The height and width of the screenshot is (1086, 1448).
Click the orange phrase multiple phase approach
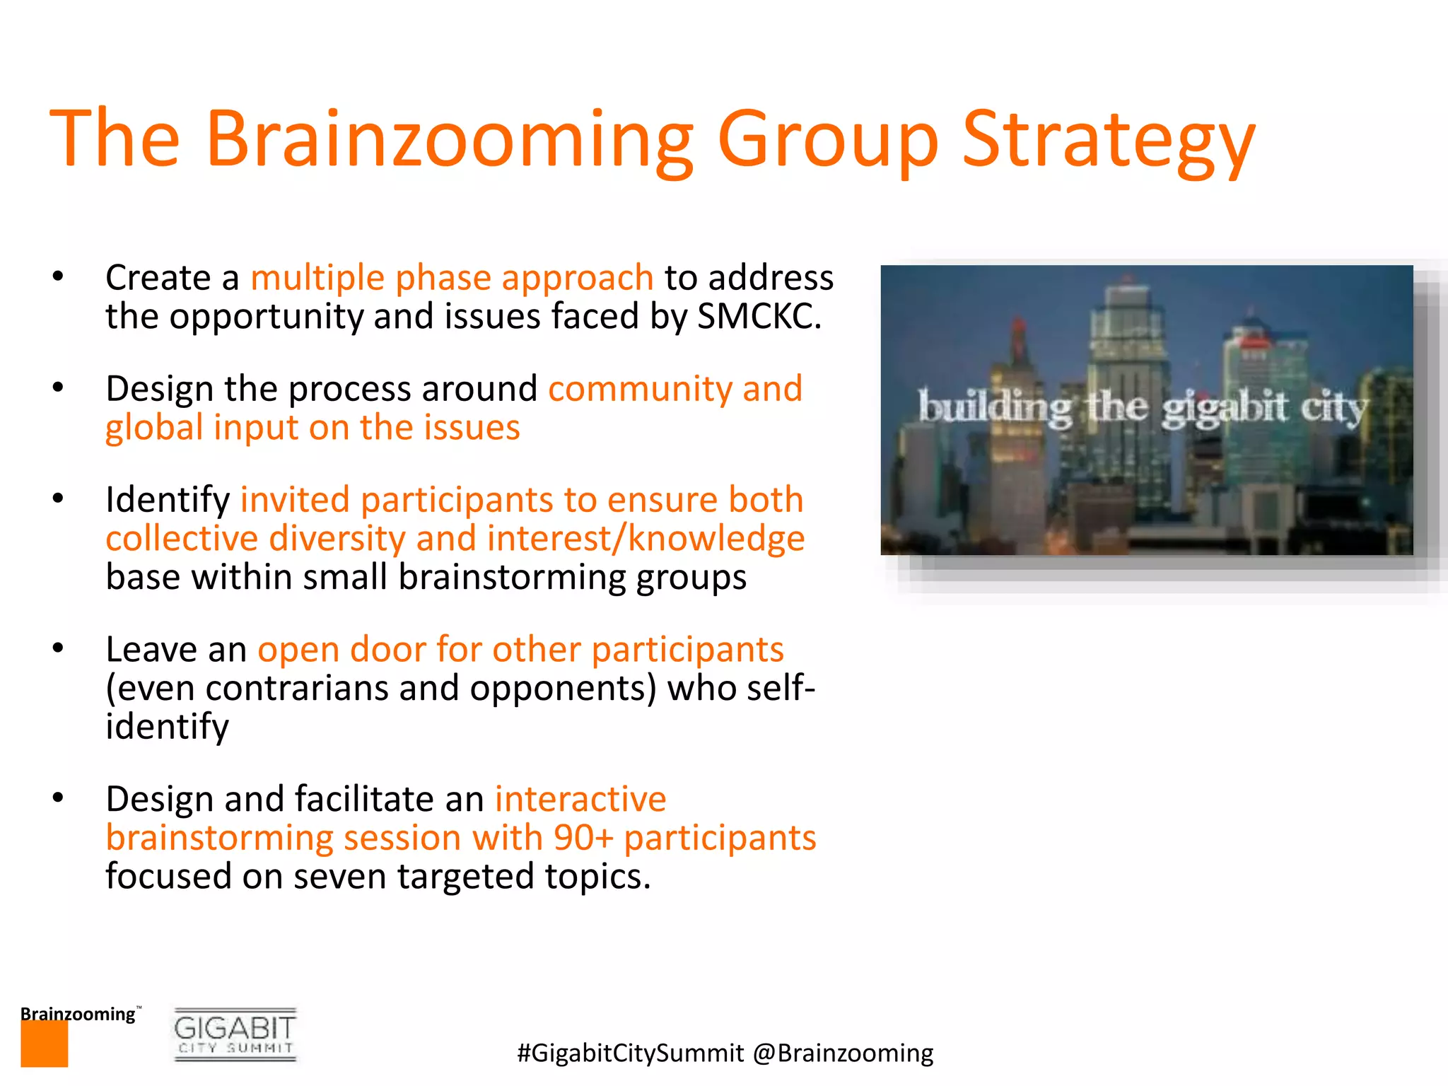[452, 278]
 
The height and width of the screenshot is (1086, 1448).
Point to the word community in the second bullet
[639, 389]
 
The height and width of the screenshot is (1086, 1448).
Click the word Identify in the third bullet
[168, 501]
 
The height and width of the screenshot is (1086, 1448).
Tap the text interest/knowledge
[646, 539]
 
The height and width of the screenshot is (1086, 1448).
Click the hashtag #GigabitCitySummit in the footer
[630, 1053]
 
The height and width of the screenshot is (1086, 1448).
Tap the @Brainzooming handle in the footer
[843, 1053]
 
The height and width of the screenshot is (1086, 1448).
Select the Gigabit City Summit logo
[235, 1034]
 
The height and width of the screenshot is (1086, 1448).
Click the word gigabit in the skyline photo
[1224, 409]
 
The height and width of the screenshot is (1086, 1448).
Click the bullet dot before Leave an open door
[58, 648]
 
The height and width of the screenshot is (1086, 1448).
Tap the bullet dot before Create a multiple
[58, 276]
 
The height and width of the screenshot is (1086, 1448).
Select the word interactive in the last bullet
[580, 800]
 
